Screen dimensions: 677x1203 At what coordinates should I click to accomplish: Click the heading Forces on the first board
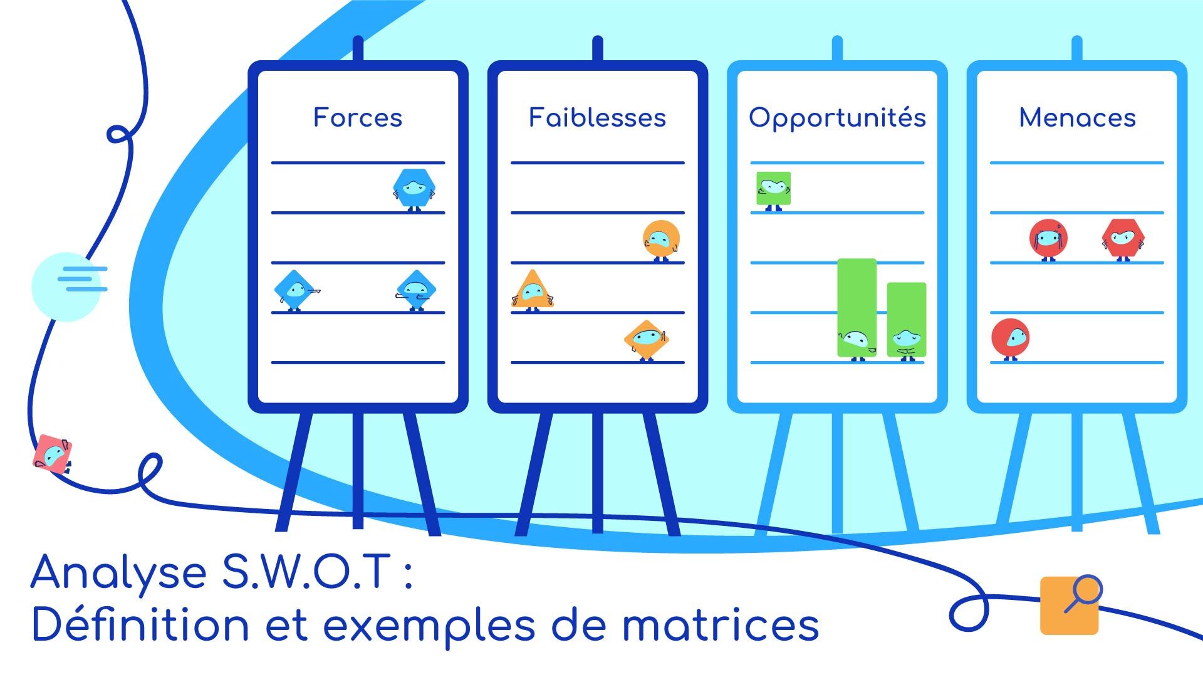pyautogui.click(x=358, y=118)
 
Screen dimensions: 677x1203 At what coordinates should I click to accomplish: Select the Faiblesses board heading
pyautogui.click(x=597, y=118)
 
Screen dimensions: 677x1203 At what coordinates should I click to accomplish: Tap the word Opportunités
pyautogui.click(x=837, y=118)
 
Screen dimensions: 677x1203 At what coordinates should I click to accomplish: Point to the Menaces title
pyautogui.click(x=1077, y=118)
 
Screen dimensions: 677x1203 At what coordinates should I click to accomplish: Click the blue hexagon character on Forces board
pyautogui.click(x=414, y=189)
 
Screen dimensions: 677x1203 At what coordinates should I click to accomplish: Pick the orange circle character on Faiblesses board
pyautogui.click(x=661, y=239)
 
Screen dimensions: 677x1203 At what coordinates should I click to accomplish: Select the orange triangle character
pyautogui.click(x=533, y=290)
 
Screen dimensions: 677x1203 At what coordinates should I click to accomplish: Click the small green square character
pyautogui.click(x=773, y=189)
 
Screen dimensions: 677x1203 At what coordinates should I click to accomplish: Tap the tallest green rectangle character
pyautogui.click(x=857, y=307)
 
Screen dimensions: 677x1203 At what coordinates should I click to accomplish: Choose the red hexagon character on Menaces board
pyautogui.click(x=1123, y=238)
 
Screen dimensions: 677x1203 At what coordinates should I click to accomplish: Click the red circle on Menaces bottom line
pyautogui.click(x=1010, y=338)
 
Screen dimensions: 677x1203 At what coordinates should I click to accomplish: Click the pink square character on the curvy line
pyautogui.click(x=53, y=453)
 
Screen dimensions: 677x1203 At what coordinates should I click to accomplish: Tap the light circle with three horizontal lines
pyautogui.click(x=66, y=286)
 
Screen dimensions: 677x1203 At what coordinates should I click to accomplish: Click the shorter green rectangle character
pyautogui.click(x=906, y=320)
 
